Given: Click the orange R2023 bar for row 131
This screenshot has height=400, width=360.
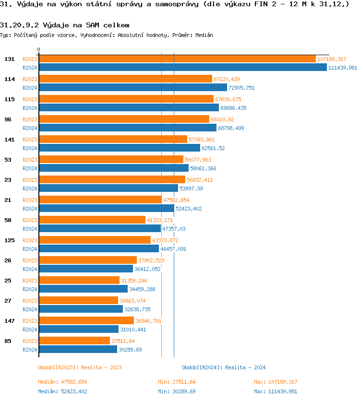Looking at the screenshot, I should point(177,59).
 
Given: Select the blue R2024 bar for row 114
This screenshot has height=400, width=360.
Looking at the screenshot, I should point(132,88).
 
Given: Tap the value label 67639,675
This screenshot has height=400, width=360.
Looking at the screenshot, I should point(228,99).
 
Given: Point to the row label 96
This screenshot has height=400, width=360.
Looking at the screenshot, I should point(8,119).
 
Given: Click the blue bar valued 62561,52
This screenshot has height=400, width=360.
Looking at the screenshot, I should point(119,148).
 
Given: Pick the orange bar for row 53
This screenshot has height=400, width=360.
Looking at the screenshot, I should point(111,160).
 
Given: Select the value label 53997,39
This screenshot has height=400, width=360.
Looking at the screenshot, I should point(191,188).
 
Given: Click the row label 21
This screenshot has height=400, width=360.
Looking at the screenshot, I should point(8,200).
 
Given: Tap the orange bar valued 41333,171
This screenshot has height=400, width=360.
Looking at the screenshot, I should point(92,220).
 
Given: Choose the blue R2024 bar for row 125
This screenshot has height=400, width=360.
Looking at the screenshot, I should point(98,249).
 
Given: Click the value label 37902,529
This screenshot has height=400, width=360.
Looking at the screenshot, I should point(151,260).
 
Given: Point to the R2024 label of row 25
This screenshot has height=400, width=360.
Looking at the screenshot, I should point(30,289).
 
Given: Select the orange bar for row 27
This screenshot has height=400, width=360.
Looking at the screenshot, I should point(78,301).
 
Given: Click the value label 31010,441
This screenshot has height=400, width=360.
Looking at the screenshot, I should point(133,329).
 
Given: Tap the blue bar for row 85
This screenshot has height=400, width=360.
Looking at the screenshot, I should point(78,350).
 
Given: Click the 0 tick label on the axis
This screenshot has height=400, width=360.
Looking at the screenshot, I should point(39,49).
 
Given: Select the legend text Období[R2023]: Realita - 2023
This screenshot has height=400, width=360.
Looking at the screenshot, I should point(80,367).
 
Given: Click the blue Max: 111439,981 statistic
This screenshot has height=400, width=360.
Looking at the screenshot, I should point(276,391).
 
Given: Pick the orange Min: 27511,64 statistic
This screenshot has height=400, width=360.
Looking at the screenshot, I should point(177,382).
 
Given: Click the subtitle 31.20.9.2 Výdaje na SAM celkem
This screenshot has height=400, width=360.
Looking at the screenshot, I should point(65,24).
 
